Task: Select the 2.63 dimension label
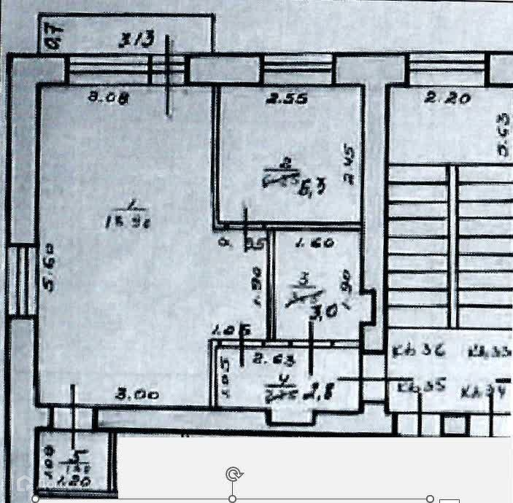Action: click(266, 358)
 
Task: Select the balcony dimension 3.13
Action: click(138, 40)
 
